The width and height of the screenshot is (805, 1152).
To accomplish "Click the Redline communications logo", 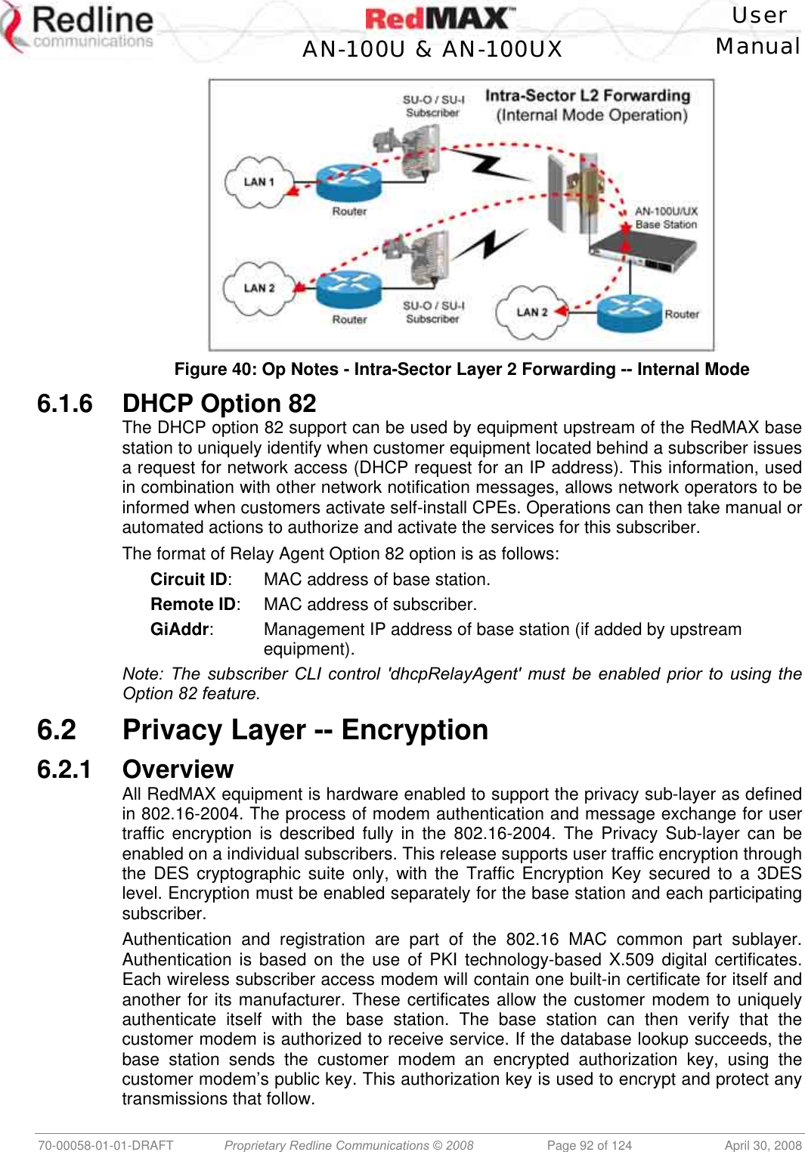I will tap(79, 29).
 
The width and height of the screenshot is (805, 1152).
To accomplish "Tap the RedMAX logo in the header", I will tap(440, 18).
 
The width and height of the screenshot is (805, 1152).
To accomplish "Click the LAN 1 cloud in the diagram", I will tap(259, 182).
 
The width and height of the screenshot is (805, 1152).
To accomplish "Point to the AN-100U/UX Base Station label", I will tap(666, 218).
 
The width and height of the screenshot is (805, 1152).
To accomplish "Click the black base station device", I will tap(643, 249).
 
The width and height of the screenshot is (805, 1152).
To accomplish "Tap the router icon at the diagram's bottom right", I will tap(630, 311).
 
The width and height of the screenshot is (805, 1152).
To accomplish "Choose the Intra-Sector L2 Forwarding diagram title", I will tap(588, 105).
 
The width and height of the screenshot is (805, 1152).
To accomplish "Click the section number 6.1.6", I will tap(65, 404).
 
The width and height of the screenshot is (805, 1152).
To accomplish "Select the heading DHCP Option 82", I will tap(219, 404).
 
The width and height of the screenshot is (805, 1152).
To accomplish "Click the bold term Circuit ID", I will tap(189, 580).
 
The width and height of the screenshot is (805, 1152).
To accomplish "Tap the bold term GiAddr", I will tap(180, 630).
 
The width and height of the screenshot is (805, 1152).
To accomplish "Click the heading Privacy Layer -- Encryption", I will tap(305, 730).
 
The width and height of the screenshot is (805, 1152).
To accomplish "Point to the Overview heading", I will tap(178, 770).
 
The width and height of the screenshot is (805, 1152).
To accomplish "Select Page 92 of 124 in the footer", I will tap(589, 1145).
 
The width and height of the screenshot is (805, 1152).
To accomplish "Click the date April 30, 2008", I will tap(763, 1145).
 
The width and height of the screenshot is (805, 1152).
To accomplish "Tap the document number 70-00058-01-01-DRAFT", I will tap(106, 1145).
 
